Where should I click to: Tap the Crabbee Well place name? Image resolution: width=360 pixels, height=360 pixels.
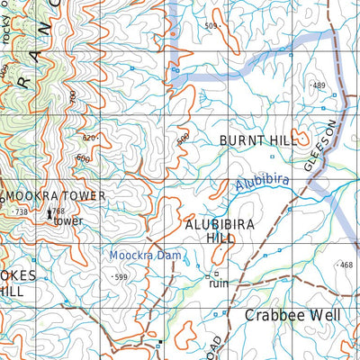(x=292, y=316)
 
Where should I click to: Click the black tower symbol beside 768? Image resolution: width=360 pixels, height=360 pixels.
(x=49, y=214)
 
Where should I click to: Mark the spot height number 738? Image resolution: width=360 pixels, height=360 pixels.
(x=22, y=211)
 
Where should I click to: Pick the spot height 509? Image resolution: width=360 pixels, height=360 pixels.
(x=211, y=26)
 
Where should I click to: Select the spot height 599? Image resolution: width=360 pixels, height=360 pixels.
(x=121, y=277)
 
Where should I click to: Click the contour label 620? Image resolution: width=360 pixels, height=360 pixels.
(x=88, y=138)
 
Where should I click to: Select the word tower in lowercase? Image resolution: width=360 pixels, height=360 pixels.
(x=68, y=220)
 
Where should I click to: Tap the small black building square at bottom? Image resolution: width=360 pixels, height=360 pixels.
(x=159, y=343)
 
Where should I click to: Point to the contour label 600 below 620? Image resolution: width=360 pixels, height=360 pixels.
(x=83, y=158)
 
